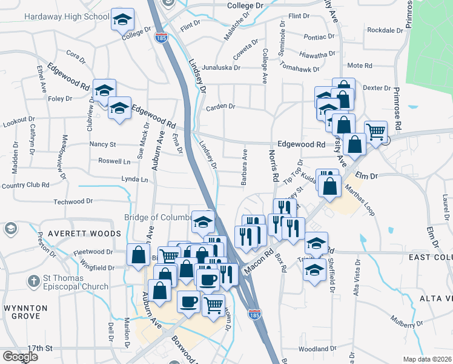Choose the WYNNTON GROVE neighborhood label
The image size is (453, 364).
25,312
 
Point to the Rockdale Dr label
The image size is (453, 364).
385,30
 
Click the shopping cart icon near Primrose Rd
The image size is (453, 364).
375,130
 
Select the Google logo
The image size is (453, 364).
20,357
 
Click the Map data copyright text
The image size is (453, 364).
428,359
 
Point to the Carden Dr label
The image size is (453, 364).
220,107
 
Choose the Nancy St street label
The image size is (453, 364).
102,144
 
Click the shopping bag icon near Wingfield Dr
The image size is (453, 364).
138,255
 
